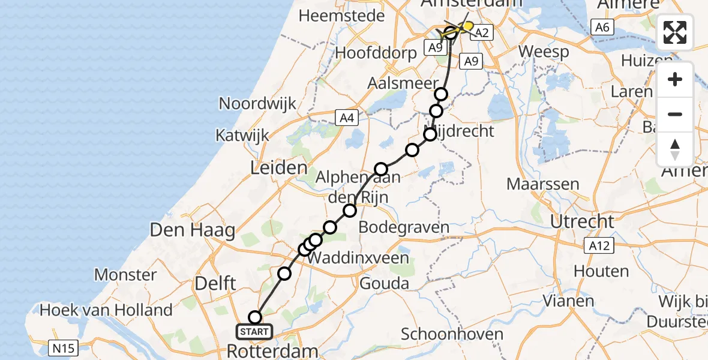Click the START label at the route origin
pyautogui.click(x=254, y=331)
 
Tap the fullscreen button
pyautogui.click(x=675, y=32)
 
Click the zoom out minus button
pyautogui.click(x=675, y=114)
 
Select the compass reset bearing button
pyautogui.click(x=675, y=149)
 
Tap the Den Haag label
pyautogui.click(x=192, y=230)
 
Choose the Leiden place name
pyautogui.click(x=278, y=168)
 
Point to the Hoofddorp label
pyautogui.click(x=376, y=52)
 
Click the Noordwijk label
pyautogui.click(x=257, y=103)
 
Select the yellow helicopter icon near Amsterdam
pyautogui.click(x=465, y=27)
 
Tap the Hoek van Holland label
pyautogui.click(x=106, y=310)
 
